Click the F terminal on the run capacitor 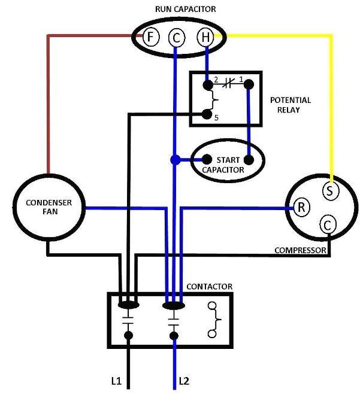[x=151, y=37]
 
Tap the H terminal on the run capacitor [x=205, y=37]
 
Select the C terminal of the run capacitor [x=176, y=38]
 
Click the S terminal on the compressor [x=331, y=191]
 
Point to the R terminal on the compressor [x=301, y=207]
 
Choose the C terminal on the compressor [x=328, y=225]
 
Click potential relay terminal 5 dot [x=207, y=115]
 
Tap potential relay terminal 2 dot [x=208, y=85]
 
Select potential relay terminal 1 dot [x=249, y=84]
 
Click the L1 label [x=116, y=381]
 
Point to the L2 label [x=184, y=381]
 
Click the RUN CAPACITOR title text [x=185, y=9]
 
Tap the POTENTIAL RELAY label [x=290, y=105]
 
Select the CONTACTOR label [x=209, y=287]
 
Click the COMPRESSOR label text [x=300, y=250]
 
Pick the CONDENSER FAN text [x=49, y=207]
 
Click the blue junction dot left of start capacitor [x=176, y=160]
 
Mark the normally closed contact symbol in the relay [x=228, y=84]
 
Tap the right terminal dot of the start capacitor [x=249, y=160]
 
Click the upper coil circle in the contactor [x=212, y=306]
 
